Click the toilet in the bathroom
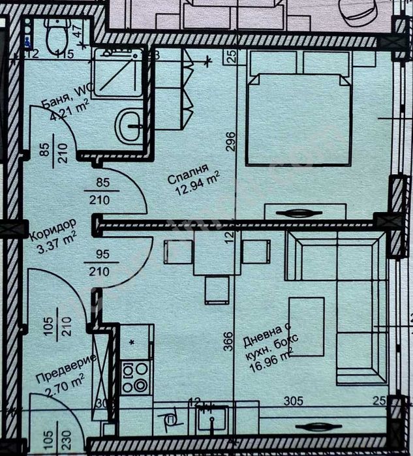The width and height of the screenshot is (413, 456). click(x=59, y=34)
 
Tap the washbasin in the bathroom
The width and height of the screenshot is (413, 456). click(x=128, y=125)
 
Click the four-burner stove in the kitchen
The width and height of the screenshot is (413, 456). click(x=136, y=377)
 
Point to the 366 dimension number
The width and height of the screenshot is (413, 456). click(x=227, y=342)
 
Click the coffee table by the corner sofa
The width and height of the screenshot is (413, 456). click(x=306, y=326)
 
